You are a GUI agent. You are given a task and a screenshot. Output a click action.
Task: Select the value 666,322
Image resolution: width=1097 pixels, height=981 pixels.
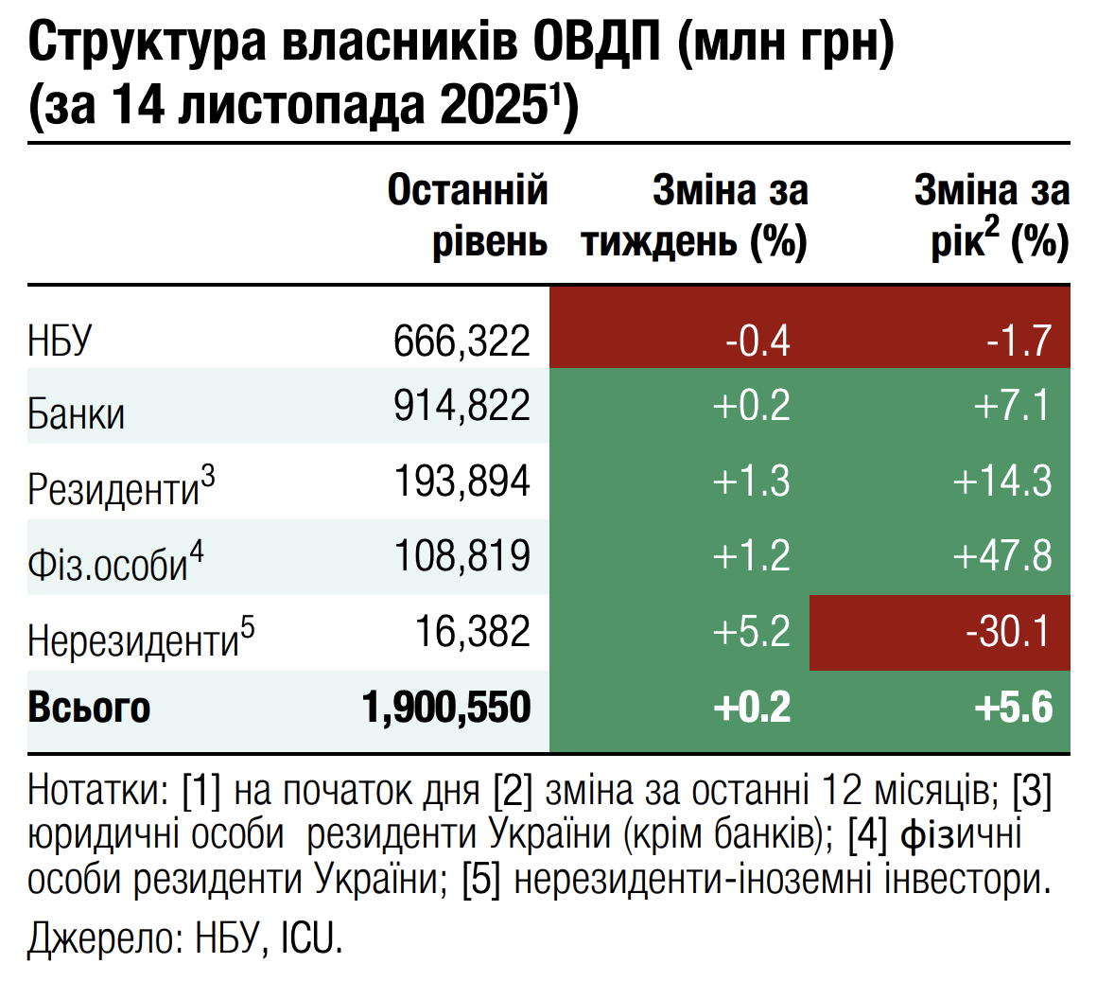(x=461, y=340)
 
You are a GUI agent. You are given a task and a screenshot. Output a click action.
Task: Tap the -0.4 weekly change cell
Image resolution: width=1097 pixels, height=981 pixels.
(x=757, y=340)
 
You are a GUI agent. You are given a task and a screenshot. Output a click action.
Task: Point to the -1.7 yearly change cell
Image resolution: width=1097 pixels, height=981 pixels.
(x=1019, y=340)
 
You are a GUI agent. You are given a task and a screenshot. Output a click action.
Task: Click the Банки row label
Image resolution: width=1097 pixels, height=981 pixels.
(x=76, y=414)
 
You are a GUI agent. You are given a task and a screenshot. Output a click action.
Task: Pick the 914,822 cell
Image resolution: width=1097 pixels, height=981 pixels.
(x=461, y=406)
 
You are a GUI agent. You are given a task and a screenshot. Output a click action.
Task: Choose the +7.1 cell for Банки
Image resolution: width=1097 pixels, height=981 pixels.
(x=1012, y=406)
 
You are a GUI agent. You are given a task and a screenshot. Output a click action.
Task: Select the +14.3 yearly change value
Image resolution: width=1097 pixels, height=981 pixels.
(x=1001, y=482)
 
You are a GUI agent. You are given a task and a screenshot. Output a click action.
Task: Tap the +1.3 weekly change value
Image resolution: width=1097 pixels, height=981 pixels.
(x=751, y=482)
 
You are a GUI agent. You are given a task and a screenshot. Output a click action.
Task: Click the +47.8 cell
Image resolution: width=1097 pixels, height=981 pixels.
(x=1001, y=556)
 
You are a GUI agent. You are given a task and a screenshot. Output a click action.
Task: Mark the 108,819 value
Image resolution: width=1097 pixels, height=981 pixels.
(x=461, y=555)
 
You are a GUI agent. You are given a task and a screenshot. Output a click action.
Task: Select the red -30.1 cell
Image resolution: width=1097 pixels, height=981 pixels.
(x=1008, y=632)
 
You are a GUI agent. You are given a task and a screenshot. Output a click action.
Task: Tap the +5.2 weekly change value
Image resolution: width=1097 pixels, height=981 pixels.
(x=751, y=632)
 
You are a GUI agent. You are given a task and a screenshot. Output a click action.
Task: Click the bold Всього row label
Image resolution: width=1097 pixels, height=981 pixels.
(x=89, y=708)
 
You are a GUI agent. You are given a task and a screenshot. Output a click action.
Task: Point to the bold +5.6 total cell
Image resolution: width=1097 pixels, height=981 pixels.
(x=1013, y=708)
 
